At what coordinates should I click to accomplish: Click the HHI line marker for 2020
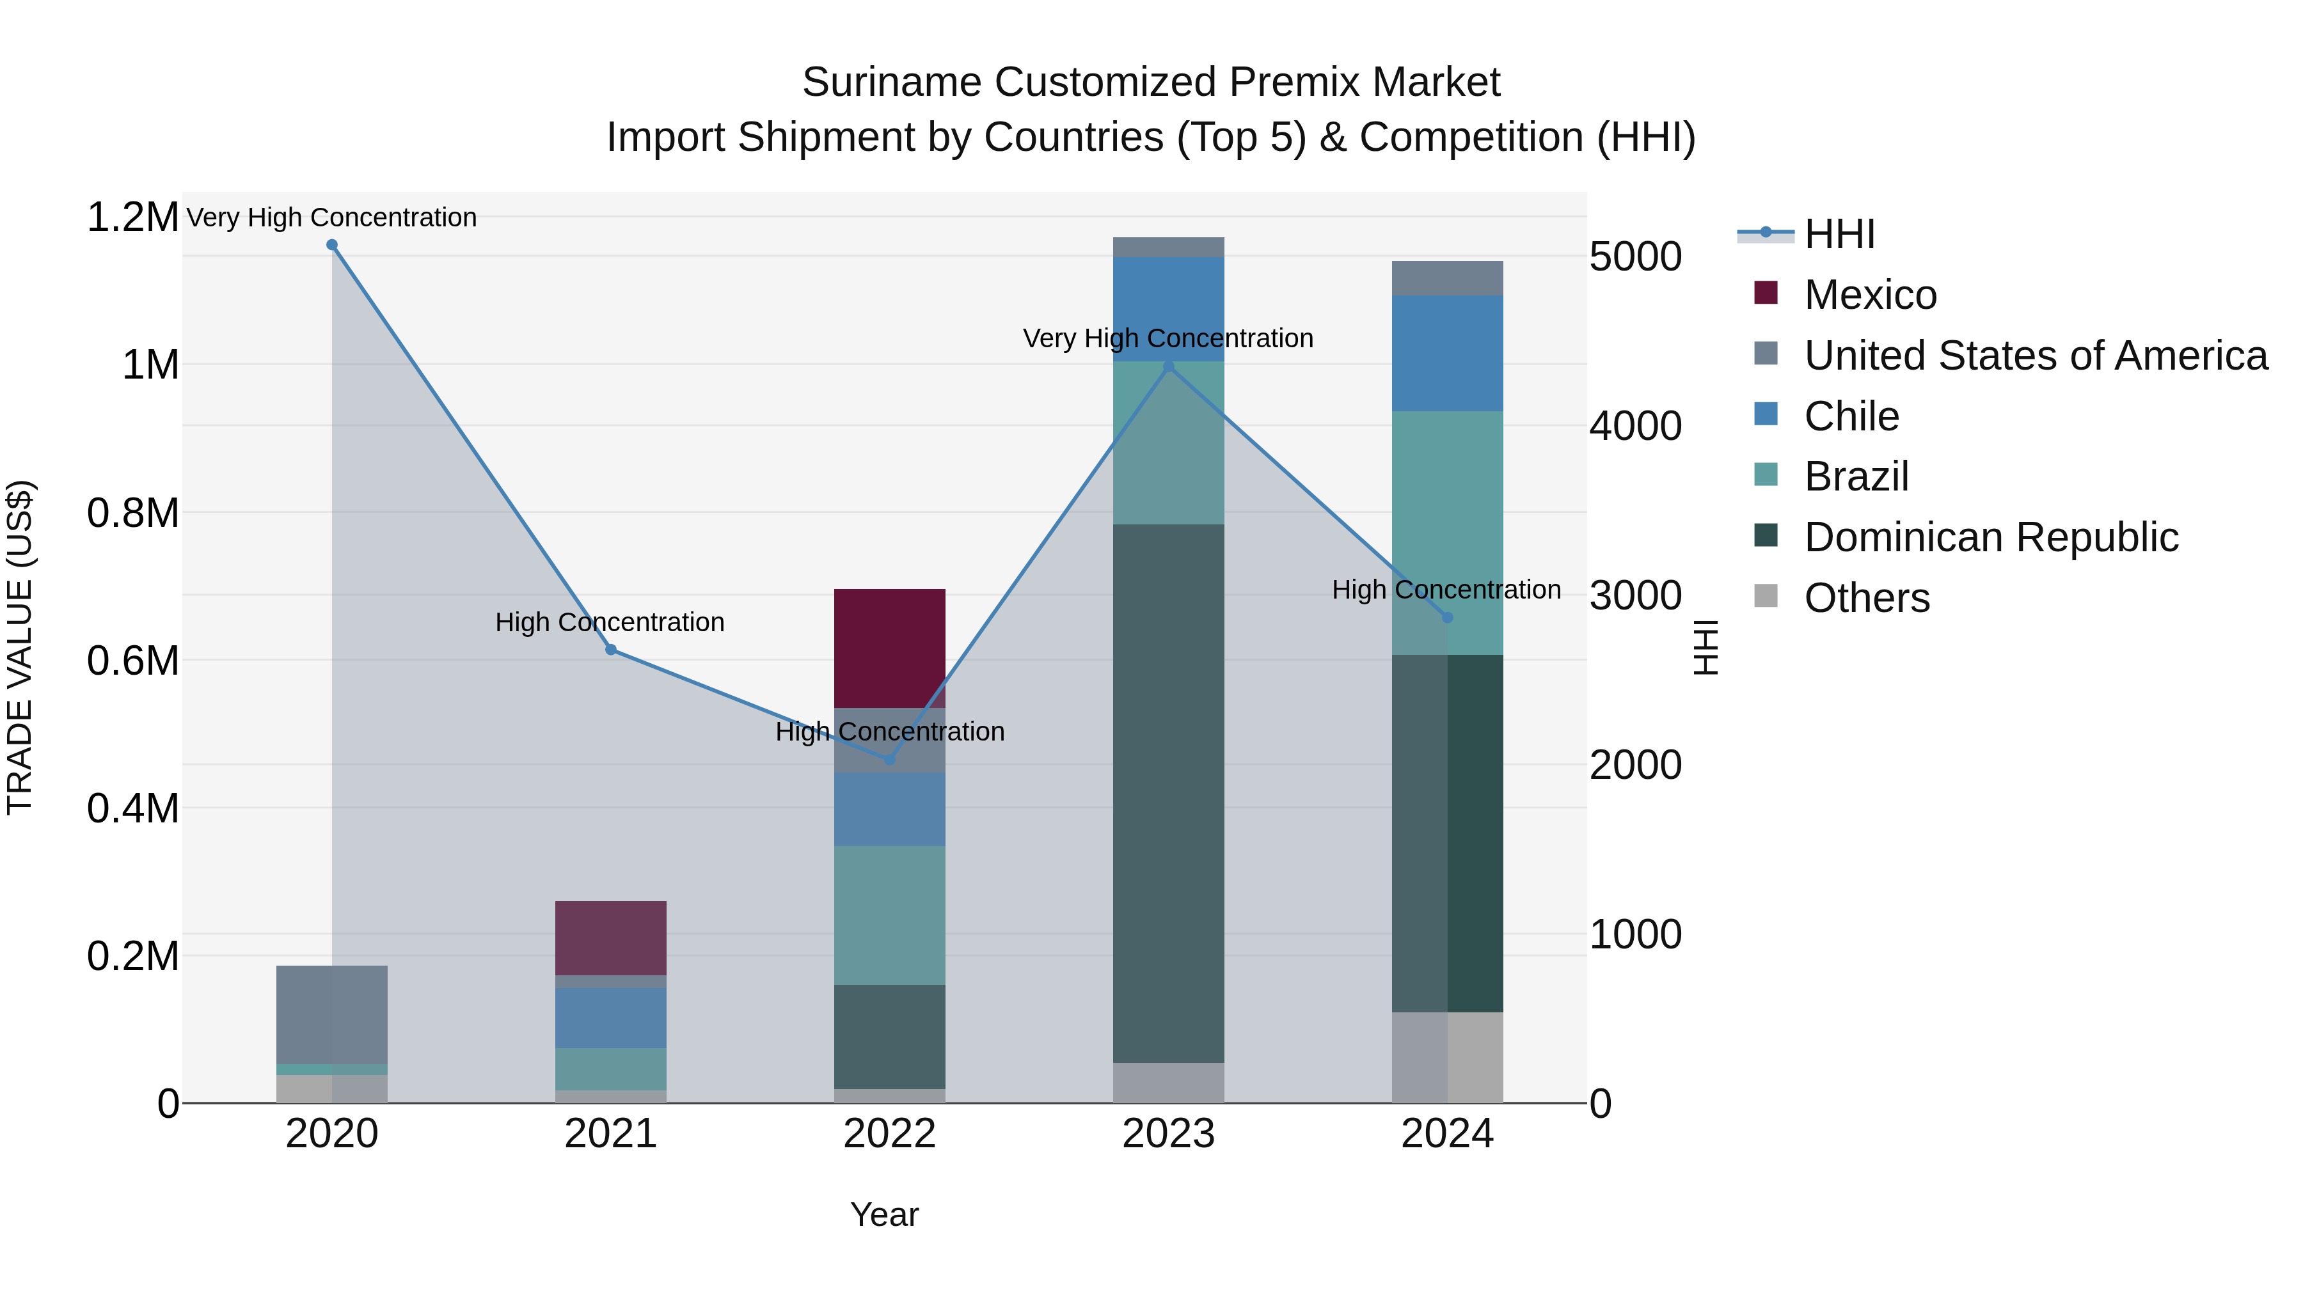331,245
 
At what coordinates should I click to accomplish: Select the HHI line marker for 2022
890,760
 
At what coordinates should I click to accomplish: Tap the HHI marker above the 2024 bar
1448,618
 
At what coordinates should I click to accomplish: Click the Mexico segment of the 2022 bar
890,648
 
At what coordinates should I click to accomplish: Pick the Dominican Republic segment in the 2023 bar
1169,793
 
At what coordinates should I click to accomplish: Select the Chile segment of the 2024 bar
1448,353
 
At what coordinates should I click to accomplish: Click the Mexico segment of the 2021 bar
611,938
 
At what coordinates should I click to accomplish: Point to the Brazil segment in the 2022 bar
890,914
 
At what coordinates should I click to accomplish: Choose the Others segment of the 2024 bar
1448,1057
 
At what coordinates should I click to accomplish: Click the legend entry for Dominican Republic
1991,537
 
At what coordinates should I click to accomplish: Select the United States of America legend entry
2035,356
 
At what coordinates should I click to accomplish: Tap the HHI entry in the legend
1839,234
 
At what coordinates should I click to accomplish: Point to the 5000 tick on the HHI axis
1635,256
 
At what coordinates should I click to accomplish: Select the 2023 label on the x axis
1169,1134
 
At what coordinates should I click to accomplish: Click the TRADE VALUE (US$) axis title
20,647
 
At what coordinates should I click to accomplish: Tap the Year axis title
884,1214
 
